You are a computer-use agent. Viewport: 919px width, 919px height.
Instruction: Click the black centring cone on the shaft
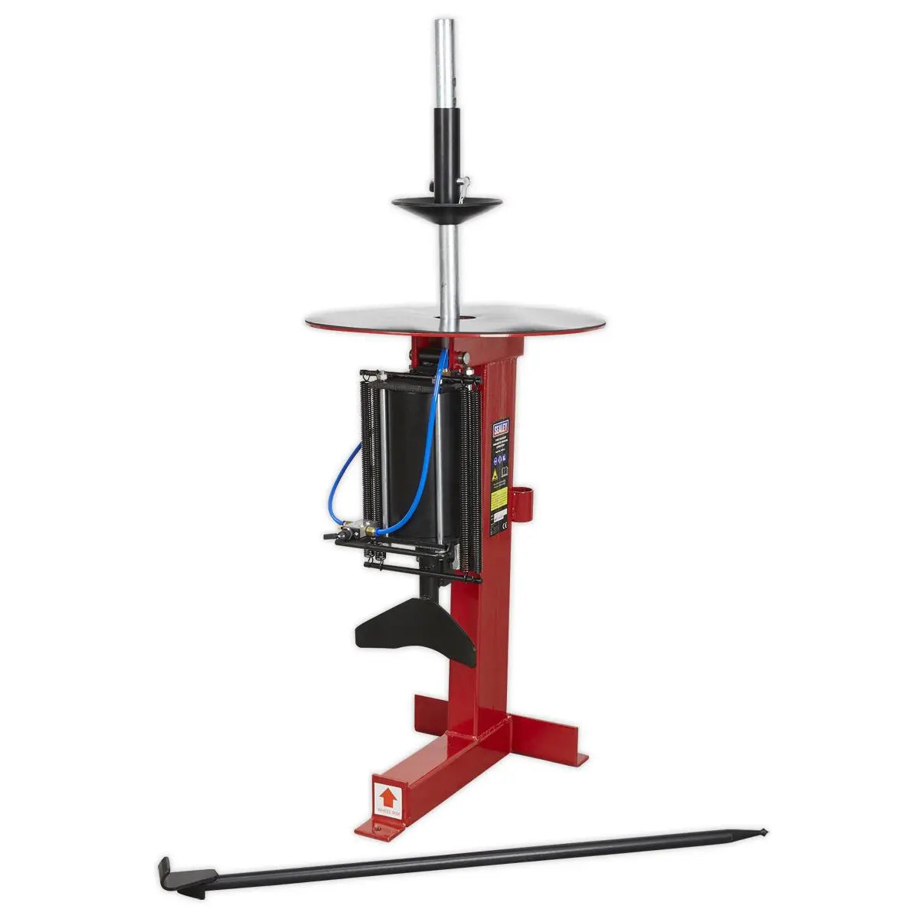coord(446,206)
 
